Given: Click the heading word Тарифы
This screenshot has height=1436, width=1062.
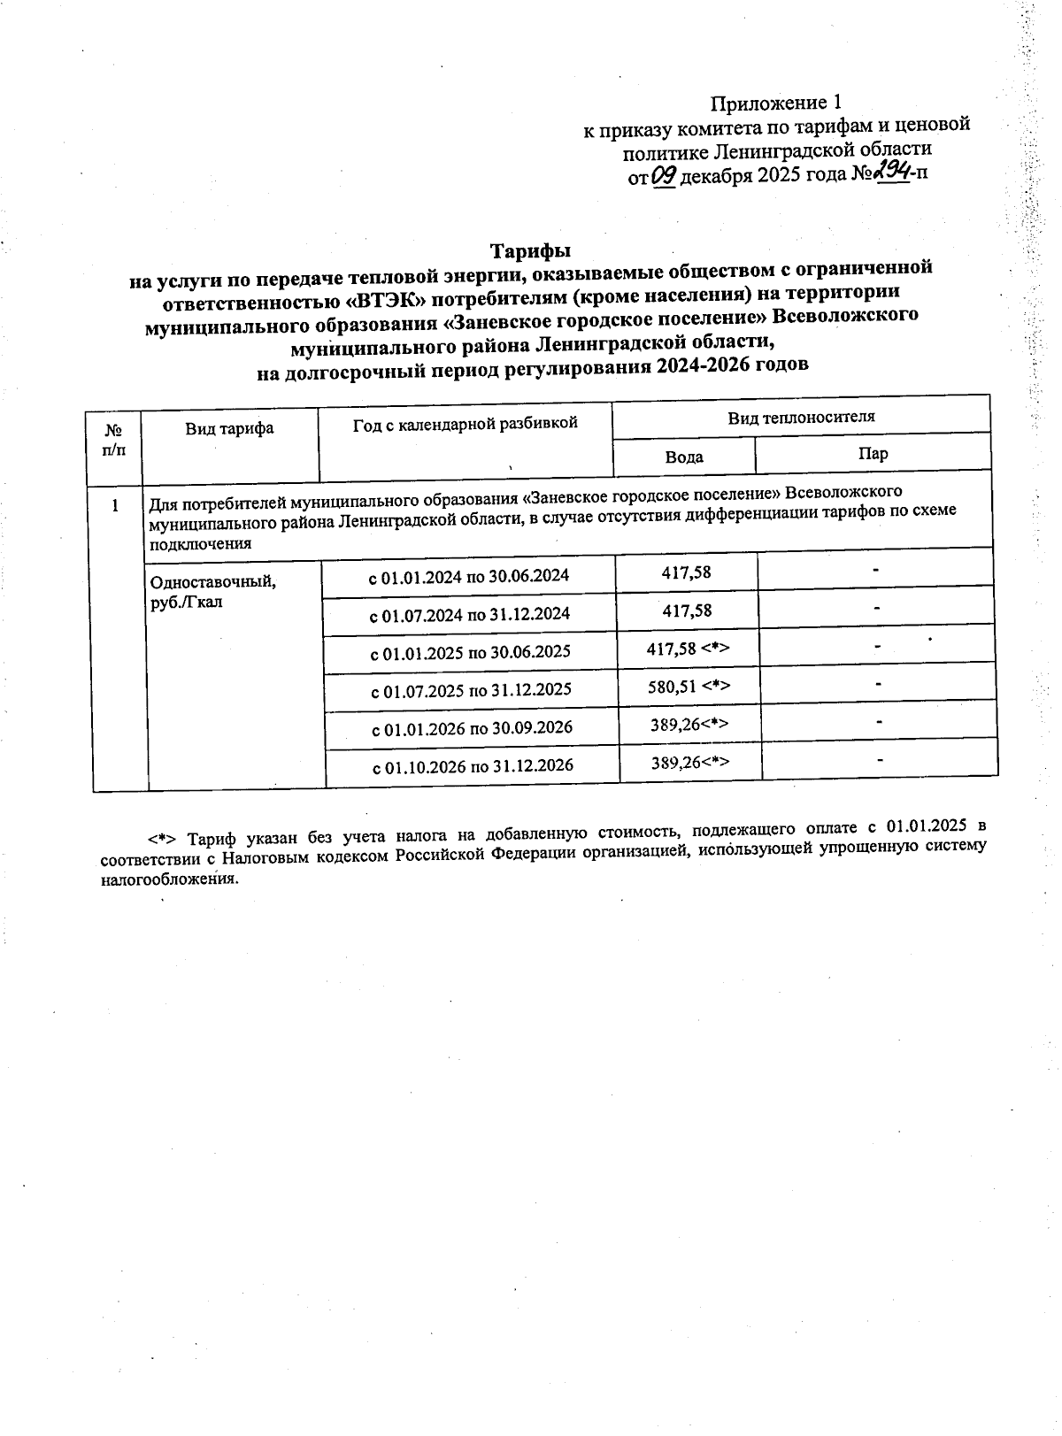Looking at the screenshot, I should pyautogui.click(x=531, y=250).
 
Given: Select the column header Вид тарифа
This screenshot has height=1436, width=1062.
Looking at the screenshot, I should pyautogui.click(x=229, y=429).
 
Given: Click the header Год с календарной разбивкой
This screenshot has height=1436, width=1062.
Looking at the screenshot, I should pyautogui.click(x=466, y=424).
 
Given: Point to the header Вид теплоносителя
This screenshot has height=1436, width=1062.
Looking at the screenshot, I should pyautogui.click(x=801, y=417).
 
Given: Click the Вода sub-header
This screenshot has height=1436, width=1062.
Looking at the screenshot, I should pyautogui.click(x=684, y=457).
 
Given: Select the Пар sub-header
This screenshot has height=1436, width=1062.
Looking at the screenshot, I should pyautogui.click(x=873, y=454).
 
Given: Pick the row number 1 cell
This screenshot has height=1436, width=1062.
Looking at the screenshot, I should pyautogui.click(x=114, y=506).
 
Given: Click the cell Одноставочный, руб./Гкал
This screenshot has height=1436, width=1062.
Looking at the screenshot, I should pyautogui.click(x=213, y=591).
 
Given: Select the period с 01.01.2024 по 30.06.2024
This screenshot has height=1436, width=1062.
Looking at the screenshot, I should pyautogui.click(x=469, y=576).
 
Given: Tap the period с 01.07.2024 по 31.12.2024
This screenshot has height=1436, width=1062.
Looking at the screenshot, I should pyautogui.click(x=469, y=614).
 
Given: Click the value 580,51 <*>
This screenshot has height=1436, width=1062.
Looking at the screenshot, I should pyautogui.click(x=689, y=686).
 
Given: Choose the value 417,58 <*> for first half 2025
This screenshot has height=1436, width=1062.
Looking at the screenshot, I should pyautogui.click(x=689, y=649).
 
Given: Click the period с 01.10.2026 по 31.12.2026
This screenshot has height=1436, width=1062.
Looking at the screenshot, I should pyautogui.click(x=473, y=765).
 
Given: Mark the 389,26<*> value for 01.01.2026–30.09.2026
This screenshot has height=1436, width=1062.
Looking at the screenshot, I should pyautogui.click(x=689, y=724).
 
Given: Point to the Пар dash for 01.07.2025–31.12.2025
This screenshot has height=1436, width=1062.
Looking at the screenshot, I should pyautogui.click(x=878, y=684).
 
